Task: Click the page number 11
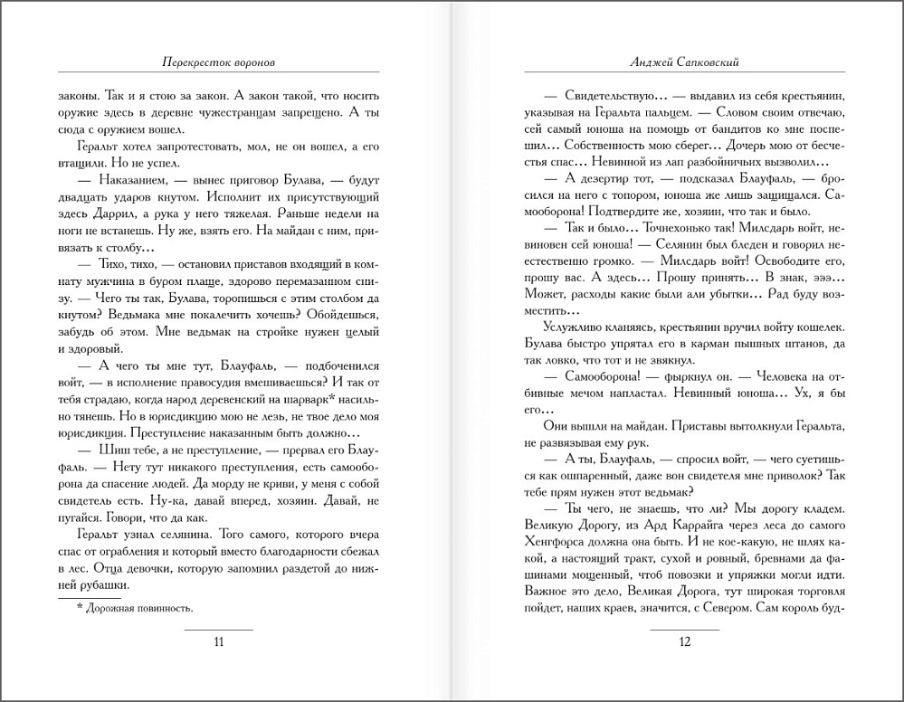pyautogui.click(x=218, y=642)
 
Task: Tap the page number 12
pyautogui.click(x=684, y=642)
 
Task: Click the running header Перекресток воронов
pyautogui.click(x=218, y=65)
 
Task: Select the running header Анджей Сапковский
pyautogui.click(x=685, y=65)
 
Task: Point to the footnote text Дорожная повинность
pyautogui.click(x=141, y=608)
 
